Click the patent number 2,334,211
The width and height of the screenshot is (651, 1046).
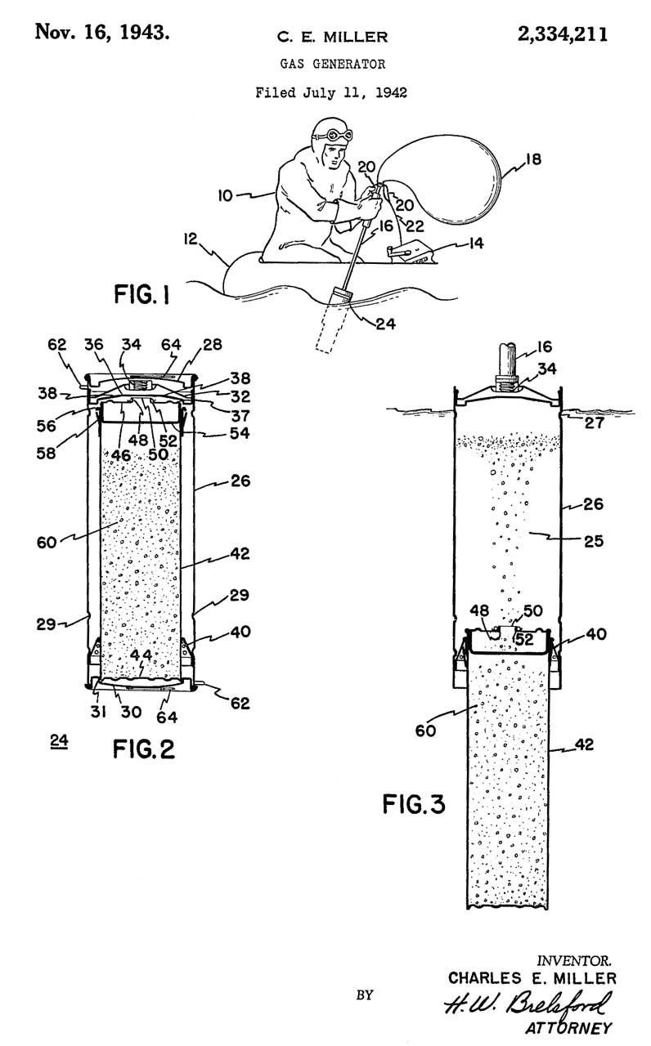562,34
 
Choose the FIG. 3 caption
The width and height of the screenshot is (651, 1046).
415,803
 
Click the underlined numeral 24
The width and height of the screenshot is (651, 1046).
58,741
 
